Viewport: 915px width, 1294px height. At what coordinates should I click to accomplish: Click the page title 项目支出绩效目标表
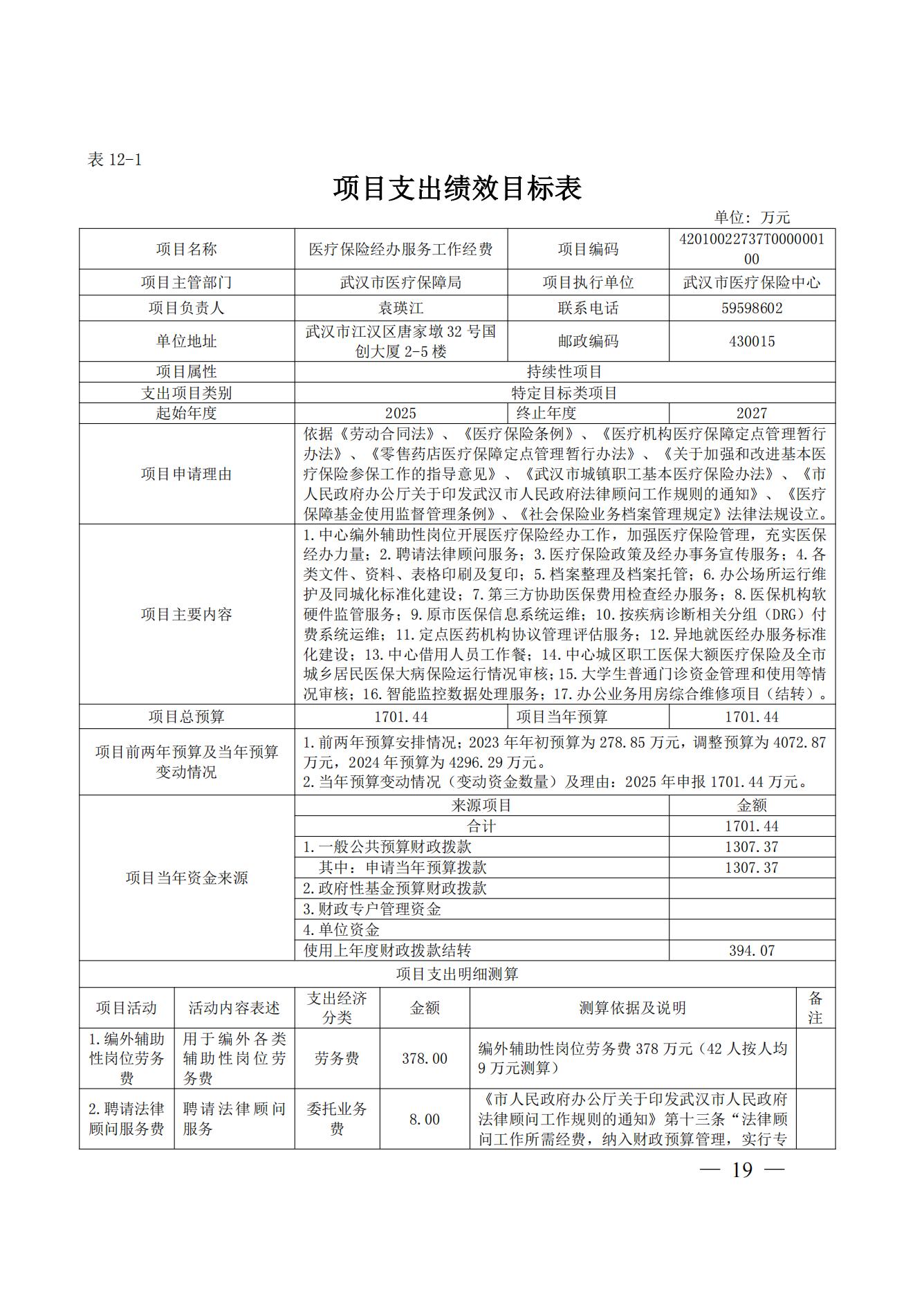click(x=457, y=188)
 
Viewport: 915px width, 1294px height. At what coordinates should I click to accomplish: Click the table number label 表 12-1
click(x=115, y=160)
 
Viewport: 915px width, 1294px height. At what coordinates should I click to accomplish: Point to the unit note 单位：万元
click(x=752, y=217)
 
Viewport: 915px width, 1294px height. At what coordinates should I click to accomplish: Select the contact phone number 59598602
click(x=752, y=308)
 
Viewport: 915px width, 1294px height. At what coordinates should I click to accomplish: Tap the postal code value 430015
click(x=752, y=341)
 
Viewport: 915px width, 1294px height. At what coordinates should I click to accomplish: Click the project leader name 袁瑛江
click(x=400, y=308)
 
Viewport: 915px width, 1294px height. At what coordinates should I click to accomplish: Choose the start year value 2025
click(x=400, y=414)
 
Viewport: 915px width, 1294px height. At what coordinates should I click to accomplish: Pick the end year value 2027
click(x=752, y=414)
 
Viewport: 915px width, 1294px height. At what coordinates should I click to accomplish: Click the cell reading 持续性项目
click(x=564, y=372)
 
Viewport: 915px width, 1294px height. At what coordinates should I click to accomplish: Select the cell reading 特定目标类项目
click(x=564, y=393)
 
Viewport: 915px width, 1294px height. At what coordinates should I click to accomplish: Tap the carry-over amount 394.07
click(x=752, y=950)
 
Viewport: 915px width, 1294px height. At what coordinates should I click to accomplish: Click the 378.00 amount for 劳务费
click(x=425, y=1058)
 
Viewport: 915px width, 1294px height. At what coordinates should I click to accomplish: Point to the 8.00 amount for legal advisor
click(x=425, y=1119)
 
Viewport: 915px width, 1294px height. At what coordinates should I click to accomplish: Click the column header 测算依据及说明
click(x=632, y=1008)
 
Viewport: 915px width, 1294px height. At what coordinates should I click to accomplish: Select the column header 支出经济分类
click(x=337, y=1008)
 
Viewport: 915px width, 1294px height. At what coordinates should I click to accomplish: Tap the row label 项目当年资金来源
click(x=187, y=878)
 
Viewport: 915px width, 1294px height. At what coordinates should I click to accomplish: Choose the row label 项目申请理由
click(x=187, y=474)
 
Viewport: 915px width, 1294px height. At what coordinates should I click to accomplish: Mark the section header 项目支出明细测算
click(x=457, y=974)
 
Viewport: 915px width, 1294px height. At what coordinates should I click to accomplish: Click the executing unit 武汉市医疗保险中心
click(x=752, y=283)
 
